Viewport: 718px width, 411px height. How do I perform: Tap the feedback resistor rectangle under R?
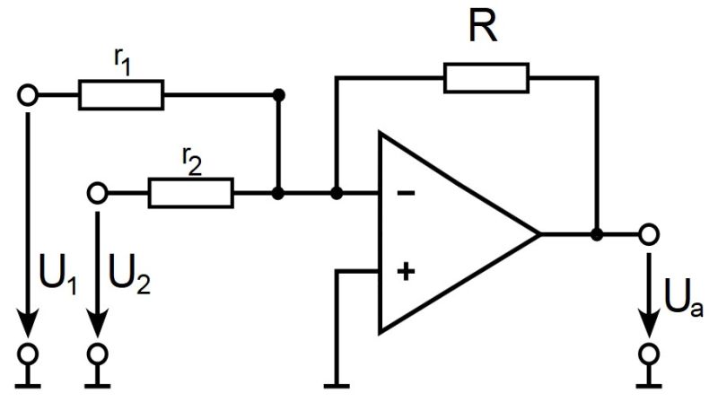[486, 78]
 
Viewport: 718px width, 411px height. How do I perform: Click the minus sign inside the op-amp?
[406, 193]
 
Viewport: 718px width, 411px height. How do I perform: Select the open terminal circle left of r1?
[29, 94]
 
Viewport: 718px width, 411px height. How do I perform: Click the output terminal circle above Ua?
[648, 234]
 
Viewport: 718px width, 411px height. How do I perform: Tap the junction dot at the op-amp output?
[597, 234]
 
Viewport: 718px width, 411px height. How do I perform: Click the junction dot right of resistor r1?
[279, 94]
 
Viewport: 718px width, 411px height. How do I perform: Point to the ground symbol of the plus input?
[337, 385]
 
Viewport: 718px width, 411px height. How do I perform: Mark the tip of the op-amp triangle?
[538, 234]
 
